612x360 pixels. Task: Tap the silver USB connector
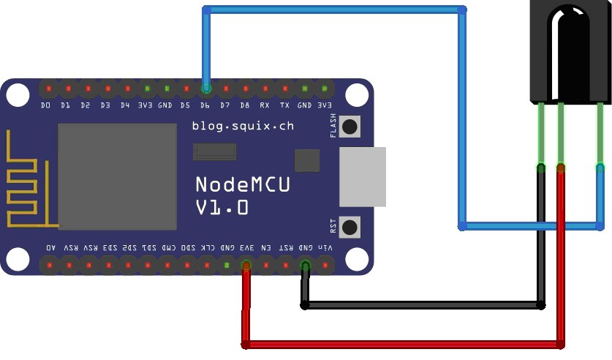tap(363, 176)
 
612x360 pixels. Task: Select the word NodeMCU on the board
tap(242, 185)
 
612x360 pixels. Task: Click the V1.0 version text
tap(222, 209)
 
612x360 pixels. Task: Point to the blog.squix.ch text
tap(243, 126)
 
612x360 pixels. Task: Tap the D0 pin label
tap(46, 105)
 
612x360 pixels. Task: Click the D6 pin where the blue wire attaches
tap(206, 89)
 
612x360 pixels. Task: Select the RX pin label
tap(265, 105)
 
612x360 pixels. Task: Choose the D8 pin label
tap(245, 105)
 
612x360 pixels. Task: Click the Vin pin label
tap(325, 248)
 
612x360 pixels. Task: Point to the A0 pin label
tap(50, 248)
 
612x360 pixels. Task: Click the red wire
tap(402, 343)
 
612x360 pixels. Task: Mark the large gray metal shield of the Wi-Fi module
tap(118, 176)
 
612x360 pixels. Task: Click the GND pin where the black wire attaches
tap(306, 265)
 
